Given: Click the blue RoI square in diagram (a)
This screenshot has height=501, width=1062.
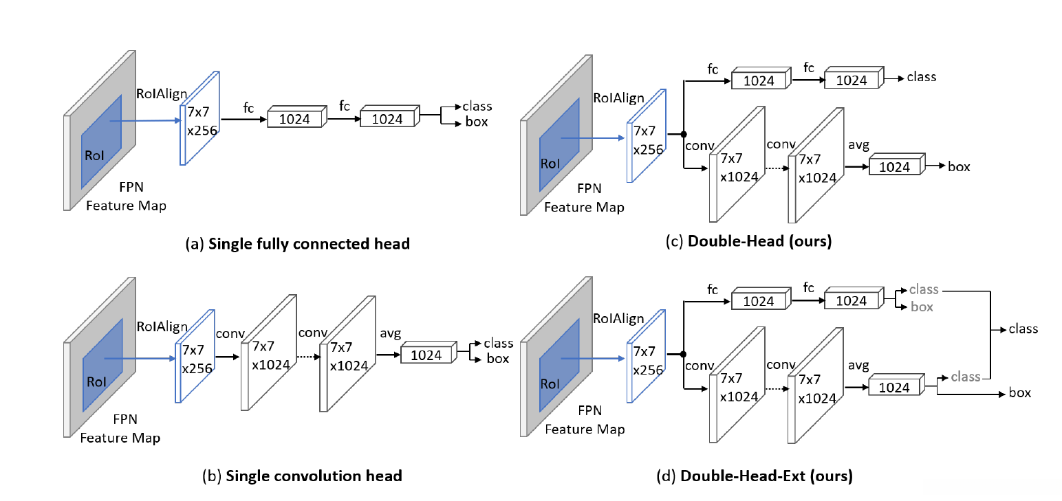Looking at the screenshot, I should (x=101, y=142).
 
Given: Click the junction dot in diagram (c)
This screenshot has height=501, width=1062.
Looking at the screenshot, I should (x=684, y=135).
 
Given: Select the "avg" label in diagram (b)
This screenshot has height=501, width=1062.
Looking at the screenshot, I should (x=390, y=334).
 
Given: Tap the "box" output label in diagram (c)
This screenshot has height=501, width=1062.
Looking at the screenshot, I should (x=959, y=166).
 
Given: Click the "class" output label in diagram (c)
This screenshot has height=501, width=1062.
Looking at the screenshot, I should (x=922, y=77).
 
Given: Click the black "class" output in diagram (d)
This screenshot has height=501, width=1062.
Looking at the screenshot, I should (x=1023, y=329).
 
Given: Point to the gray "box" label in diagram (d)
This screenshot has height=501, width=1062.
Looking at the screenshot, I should (x=922, y=307).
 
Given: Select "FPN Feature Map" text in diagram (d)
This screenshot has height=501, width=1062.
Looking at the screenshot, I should (x=585, y=420).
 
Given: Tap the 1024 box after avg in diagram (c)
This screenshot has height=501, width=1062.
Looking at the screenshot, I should (x=895, y=167).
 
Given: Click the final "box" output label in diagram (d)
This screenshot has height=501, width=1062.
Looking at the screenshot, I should (x=1019, y=393).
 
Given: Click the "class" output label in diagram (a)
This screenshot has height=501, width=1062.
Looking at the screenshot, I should (x=477, y=106).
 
